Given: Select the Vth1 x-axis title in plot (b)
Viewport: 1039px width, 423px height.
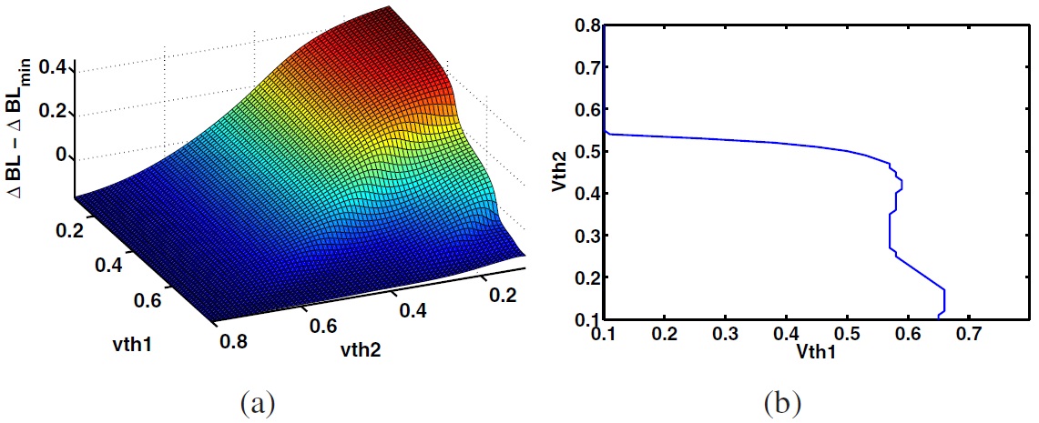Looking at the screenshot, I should (816, 347).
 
